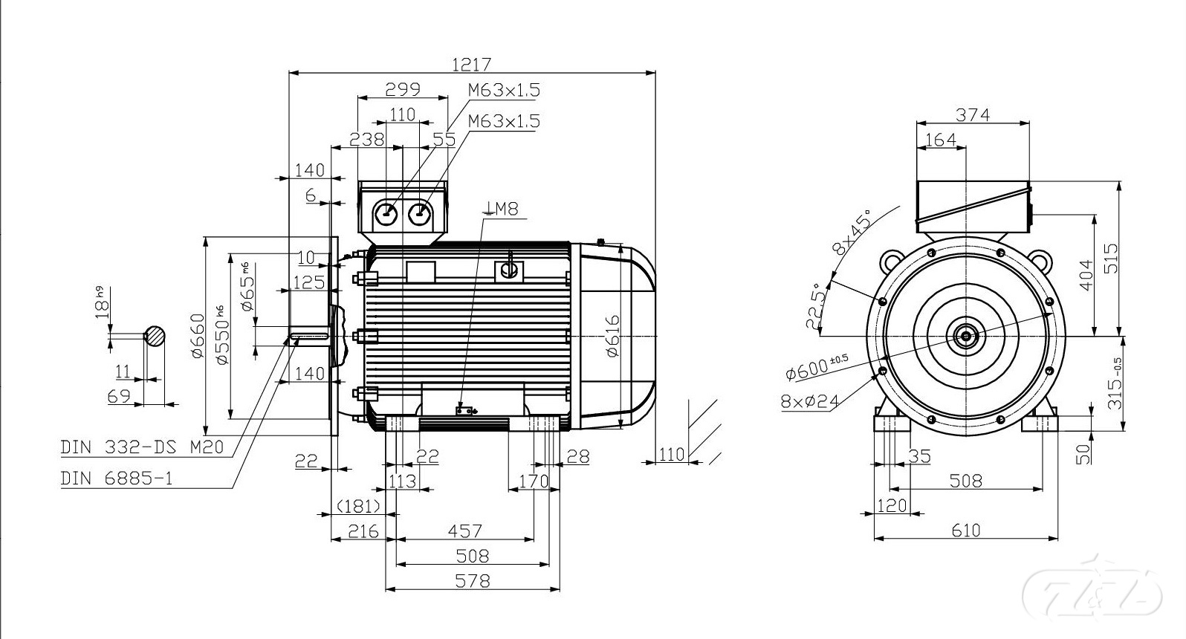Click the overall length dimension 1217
pos(472,64)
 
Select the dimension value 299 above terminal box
pos(402,89)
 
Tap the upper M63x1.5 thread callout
pos(504,91)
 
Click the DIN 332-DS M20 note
pos(141,447)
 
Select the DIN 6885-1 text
pos(116,478)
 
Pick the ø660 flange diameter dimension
pos(197,336)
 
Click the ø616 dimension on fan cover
pos(612,336)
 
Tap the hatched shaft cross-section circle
pos(155,337)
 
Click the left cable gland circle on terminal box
pos(387,213)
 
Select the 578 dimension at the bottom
pos(472,580)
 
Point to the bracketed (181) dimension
pos(359,506)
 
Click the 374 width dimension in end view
pos(973,114)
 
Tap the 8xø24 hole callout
pos(810,401)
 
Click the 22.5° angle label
pos(815,305)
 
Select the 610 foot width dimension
pos(965,531)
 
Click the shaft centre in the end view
pos(965,337)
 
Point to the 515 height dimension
pos(1110,258)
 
